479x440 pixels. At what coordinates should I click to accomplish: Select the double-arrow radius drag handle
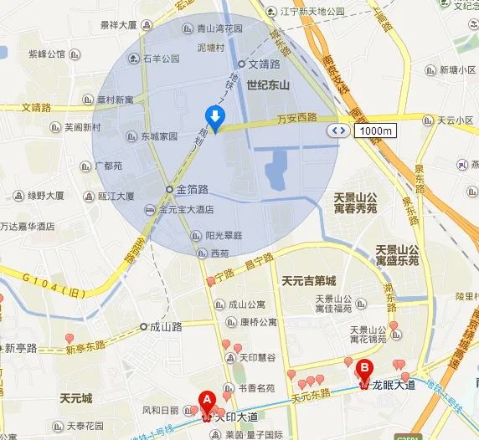[x=339, y=130]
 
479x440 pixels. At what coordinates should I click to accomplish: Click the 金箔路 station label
[x=192, y=189]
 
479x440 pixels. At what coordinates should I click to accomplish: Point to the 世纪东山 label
[x=268, y=84]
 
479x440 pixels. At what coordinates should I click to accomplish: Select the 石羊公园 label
[x=161, y=59]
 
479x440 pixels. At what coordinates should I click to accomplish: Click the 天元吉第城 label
[x=309, y=279]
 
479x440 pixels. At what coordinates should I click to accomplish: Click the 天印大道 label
[x=238, y=415]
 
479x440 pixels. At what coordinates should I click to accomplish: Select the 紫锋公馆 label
[x=47, y=54]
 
